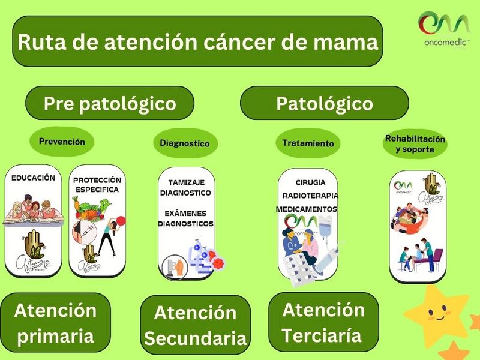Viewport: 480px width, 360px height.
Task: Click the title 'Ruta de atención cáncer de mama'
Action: pos(197,42)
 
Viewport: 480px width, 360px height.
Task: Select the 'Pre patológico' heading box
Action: pos(110,103)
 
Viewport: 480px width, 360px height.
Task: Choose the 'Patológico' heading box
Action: pos(324,103)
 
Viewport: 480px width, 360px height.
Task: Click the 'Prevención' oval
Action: pos(62,142)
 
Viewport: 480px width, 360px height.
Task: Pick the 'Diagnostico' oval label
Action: pos(185,143)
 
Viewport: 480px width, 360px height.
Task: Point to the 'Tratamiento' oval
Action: pos(308,143)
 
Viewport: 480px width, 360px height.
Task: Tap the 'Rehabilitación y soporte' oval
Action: pos(415,144)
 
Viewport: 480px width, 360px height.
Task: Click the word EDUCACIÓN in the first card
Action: pos(33,178)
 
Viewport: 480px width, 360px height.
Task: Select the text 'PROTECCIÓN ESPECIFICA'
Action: pos(97,185)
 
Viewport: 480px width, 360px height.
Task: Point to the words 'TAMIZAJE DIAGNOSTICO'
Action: pos(185,187)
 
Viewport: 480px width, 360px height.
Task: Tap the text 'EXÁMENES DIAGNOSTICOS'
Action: pos(185,218)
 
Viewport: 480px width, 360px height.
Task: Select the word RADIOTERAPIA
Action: pos(310,196)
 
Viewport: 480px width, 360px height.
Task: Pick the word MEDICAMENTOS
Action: pos(306,209)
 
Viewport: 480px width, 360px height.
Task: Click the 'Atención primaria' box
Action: pos(55,323)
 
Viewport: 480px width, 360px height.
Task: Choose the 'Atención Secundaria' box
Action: pos(196,325)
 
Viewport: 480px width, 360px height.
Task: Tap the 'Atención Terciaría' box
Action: pos(323,322)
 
